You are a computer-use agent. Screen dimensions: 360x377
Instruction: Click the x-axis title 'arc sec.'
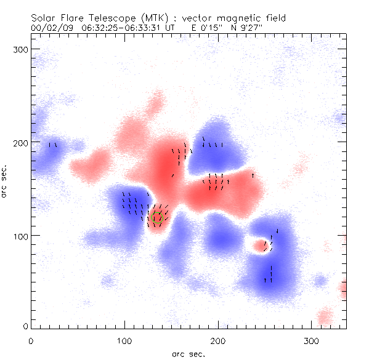point(188,353)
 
